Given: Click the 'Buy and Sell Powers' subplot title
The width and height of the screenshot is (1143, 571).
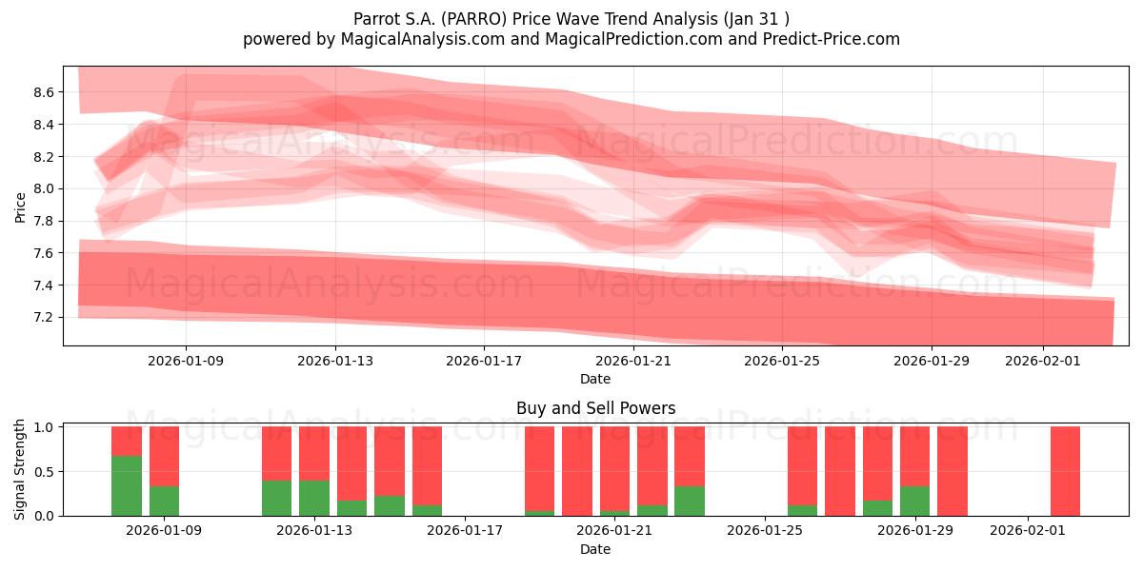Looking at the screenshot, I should click(595, 408).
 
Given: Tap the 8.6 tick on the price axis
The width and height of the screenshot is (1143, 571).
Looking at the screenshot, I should click(42, 92).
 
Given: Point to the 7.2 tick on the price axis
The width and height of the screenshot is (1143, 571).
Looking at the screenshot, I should click(42, 317).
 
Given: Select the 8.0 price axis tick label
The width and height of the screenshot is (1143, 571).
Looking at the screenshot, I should click(42, 188).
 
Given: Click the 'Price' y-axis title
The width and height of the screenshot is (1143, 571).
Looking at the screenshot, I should click(20, 206).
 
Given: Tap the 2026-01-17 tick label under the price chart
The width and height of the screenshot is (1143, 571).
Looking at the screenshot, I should click(484, 361).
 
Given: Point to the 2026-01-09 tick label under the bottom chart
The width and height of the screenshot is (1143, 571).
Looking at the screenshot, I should click(164, 530).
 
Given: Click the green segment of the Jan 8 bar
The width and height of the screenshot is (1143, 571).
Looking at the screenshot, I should click(127, 485).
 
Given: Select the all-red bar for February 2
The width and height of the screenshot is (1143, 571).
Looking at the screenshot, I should click(1065, 471).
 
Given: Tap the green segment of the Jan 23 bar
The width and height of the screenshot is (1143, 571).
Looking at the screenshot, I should click(690, 501).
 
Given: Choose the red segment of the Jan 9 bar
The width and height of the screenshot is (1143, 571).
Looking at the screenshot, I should click(164, 456).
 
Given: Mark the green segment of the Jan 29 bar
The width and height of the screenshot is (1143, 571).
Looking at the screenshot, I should click(914, 501).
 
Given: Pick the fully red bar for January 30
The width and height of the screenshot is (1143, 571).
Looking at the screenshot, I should click(952, 471).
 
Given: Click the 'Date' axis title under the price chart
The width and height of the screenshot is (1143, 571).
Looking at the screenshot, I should click(595, 379).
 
